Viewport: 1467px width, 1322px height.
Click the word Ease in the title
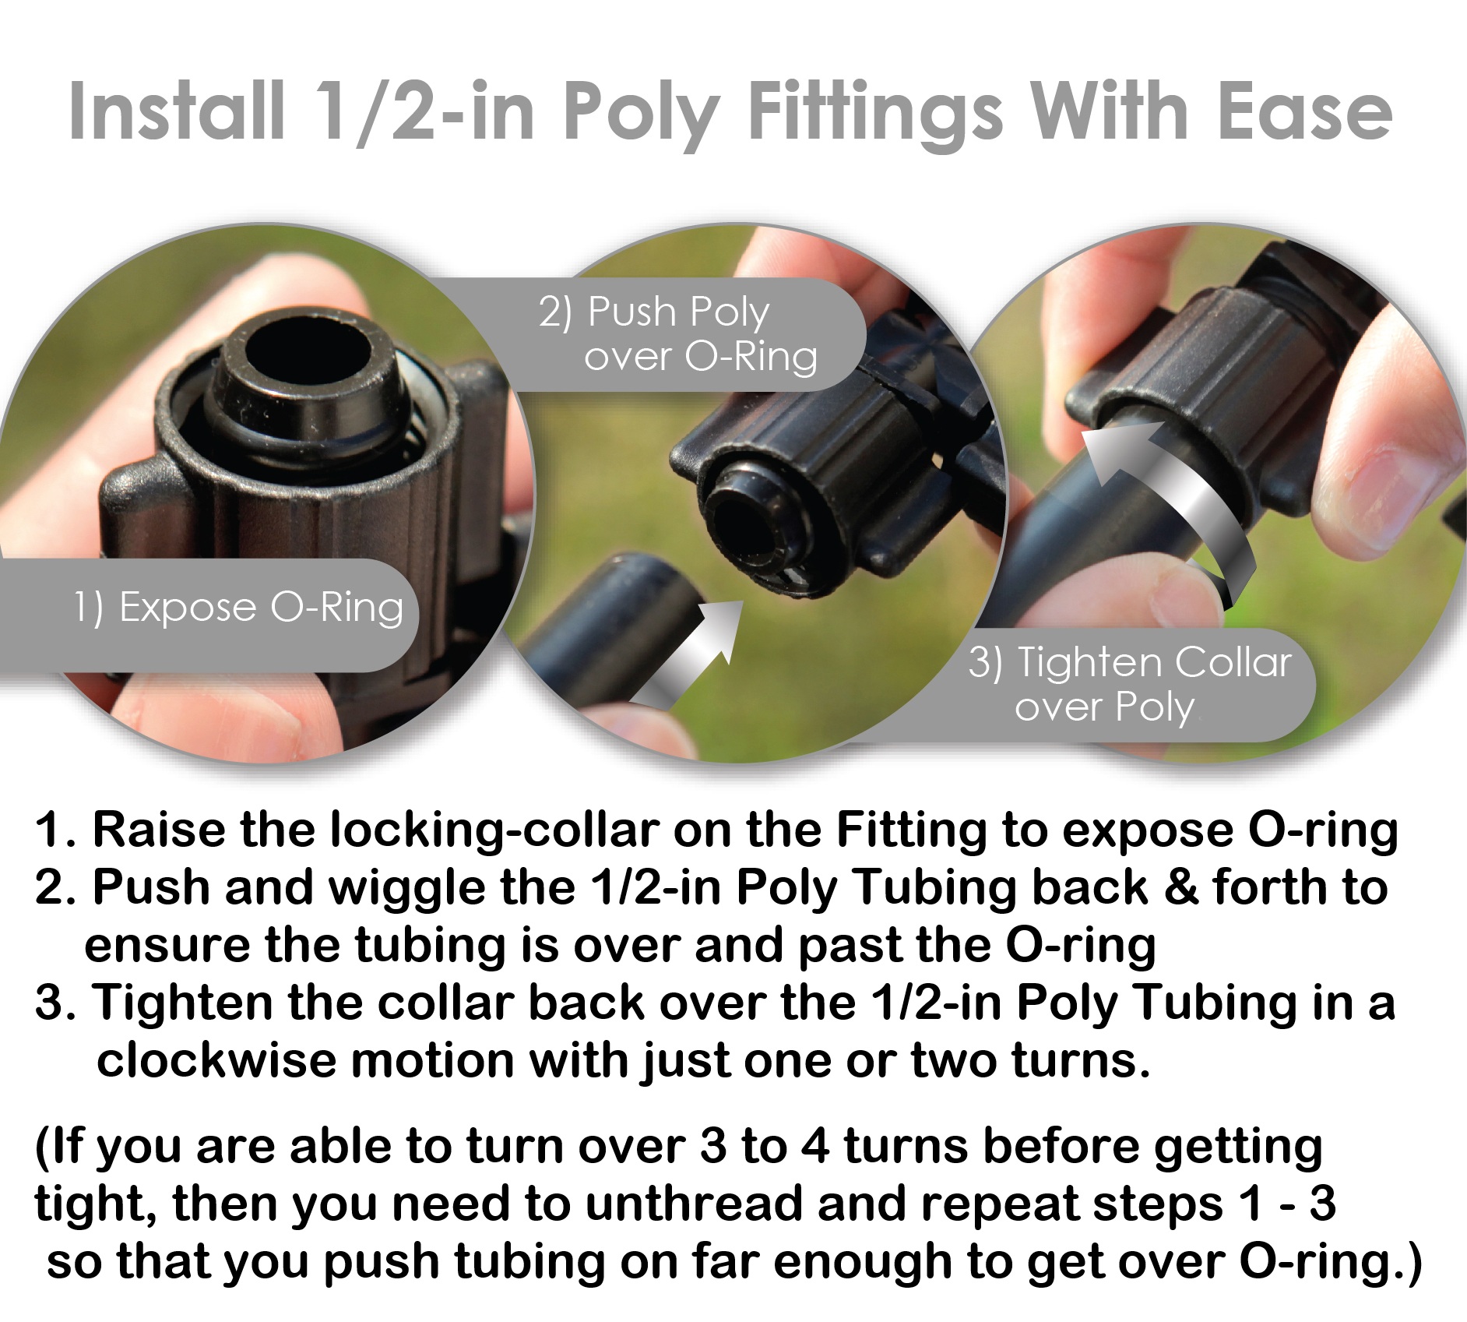[x=1305, y=112]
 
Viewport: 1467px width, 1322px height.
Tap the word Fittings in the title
[x=876, y=117]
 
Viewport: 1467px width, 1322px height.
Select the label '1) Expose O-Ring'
[x=238, y=607]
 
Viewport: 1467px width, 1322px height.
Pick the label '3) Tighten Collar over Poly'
[x=1130, y=685]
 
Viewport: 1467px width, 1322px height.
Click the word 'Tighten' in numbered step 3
[x=184, y=1003]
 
